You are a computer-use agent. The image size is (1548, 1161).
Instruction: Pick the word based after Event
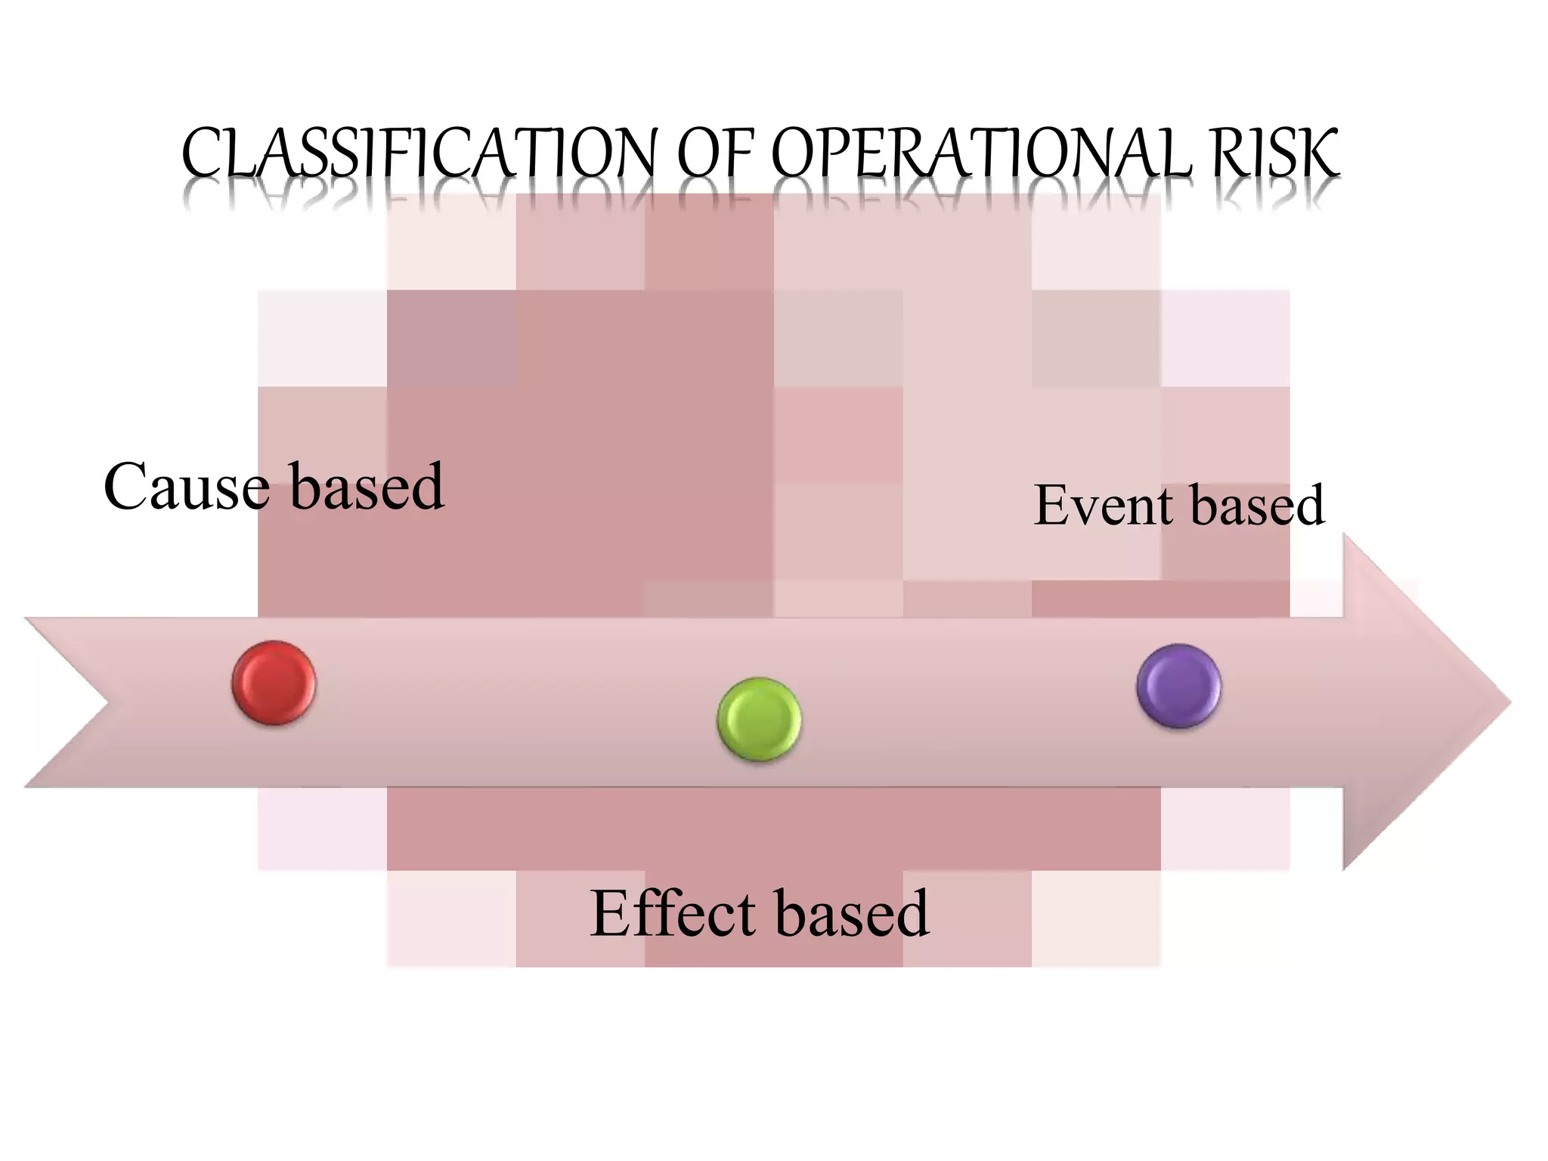tap(1258, 505)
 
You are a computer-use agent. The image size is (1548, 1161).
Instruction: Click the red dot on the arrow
tap(274, 683)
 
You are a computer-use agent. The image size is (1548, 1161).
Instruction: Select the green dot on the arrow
tap(759, 719)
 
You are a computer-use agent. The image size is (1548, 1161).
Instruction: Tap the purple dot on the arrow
tap(1178, 686)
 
